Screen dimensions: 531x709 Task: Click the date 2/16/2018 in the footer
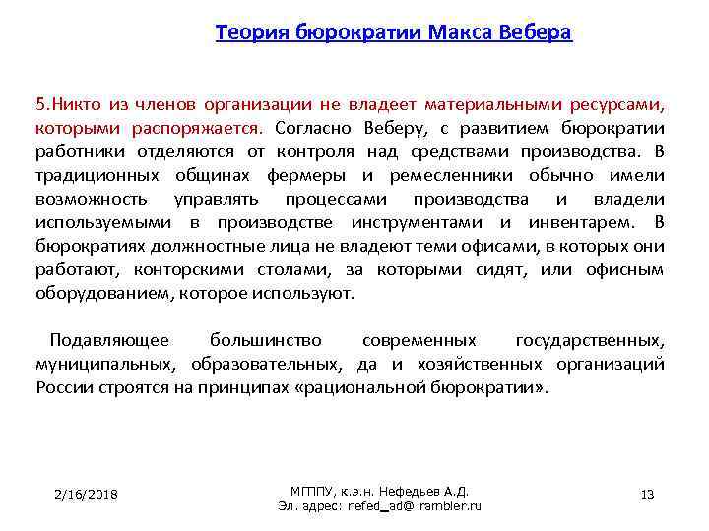(x=86, y=494)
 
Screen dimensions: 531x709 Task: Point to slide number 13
(x=647, y=494)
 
